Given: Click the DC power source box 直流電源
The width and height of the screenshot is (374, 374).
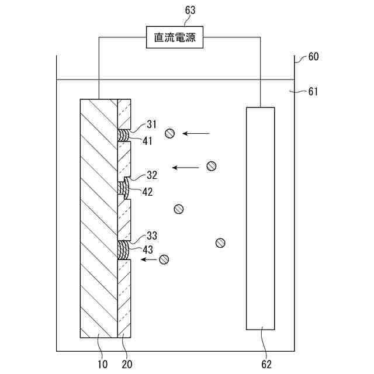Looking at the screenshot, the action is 175,39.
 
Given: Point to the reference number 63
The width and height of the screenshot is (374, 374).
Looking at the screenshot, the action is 191,10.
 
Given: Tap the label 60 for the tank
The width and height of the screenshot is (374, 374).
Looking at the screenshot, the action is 313,57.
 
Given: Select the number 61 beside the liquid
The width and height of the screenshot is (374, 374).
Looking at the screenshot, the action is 313,91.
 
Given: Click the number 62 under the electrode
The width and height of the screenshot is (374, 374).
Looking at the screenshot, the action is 266,364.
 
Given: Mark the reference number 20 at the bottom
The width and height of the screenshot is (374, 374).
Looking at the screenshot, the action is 127,364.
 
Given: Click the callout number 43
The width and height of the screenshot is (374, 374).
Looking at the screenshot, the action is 147,250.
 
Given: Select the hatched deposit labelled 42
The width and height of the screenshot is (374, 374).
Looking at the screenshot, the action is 124,188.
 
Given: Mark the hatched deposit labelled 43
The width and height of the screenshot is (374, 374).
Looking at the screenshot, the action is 124,250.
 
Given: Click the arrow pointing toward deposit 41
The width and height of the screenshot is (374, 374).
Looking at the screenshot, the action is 196,134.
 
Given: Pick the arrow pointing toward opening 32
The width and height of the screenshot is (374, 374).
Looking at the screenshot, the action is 185,168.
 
